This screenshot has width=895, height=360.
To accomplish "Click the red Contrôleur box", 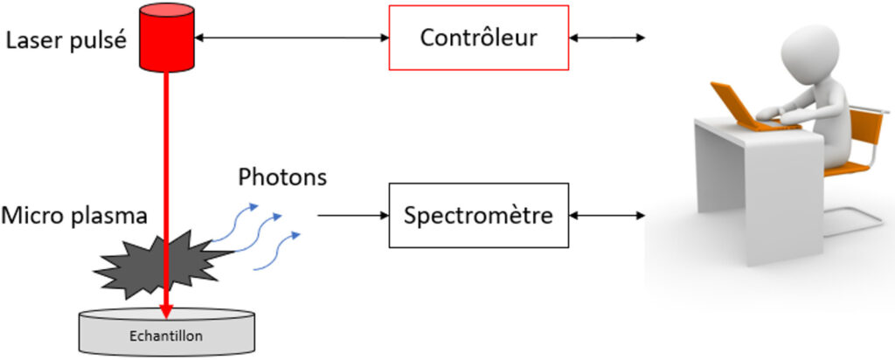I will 478,38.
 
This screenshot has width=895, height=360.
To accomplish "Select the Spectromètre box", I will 478,214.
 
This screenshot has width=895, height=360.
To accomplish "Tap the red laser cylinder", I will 166,38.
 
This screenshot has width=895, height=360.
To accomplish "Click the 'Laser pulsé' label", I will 66,39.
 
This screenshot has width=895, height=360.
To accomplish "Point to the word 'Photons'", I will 282,177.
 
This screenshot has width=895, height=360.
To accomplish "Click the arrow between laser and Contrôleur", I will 291,38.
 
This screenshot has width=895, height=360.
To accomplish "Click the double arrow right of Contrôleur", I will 607,38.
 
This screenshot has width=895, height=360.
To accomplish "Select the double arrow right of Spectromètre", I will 607,214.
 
